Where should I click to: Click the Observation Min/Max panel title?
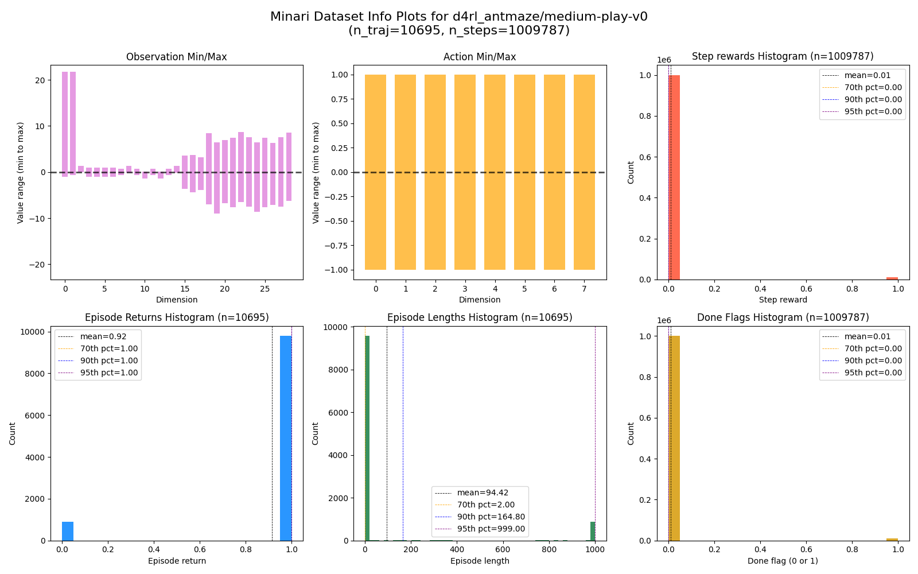[176, 57]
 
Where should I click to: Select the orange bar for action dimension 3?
[465, 172]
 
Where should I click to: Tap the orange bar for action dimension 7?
[584, 172]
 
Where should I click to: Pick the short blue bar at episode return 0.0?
[68, 531]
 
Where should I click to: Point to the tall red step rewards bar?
[674, 177]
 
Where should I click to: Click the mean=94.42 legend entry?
[483, 492]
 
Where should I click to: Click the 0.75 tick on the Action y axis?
[339, 99]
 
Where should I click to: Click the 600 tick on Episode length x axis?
[503, 549]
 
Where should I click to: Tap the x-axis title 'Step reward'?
[783, 300]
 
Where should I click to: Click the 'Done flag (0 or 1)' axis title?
[783, 561]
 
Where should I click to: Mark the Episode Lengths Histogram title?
[480, 317]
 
